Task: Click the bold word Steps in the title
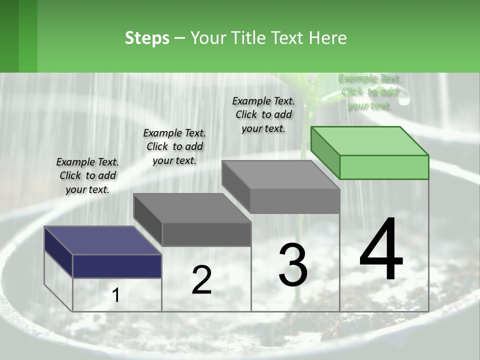147,38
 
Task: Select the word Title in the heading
248,38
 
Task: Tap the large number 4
381,250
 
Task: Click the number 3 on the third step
293,265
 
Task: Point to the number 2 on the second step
202,280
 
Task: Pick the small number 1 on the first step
116,295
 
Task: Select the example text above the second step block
174,147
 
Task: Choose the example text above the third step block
263,115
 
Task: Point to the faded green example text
369,92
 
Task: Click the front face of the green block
384,167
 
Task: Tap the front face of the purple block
117,266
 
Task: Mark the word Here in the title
328,38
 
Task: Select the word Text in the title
289,38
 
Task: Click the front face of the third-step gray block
295,201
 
